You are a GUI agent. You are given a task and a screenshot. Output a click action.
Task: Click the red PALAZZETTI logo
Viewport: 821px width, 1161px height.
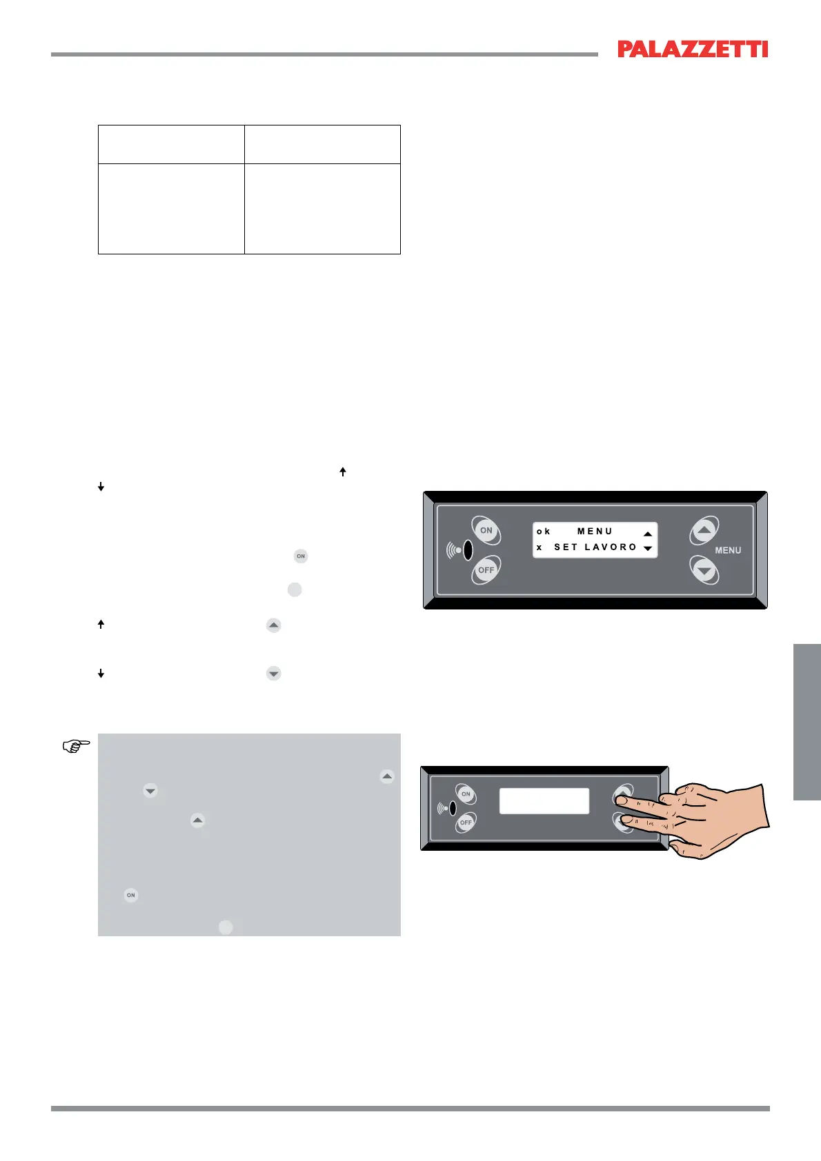pos(693,49)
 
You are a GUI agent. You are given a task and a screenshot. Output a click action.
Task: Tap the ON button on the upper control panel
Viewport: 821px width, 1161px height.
pos(486,530)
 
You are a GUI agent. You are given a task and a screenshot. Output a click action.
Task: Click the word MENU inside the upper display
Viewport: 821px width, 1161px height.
pos(595,532)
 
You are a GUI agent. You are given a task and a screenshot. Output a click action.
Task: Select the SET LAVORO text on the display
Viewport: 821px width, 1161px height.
pos(595,547)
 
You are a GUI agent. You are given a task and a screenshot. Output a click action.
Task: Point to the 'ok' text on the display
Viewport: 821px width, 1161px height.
pos(544,532)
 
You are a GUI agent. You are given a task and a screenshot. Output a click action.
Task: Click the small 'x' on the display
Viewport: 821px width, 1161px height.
pos(540,547)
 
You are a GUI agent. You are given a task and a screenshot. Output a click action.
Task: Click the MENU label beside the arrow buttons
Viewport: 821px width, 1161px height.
pos(728,550)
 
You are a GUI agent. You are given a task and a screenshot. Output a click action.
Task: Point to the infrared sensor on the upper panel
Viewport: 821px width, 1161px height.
pos(467,550)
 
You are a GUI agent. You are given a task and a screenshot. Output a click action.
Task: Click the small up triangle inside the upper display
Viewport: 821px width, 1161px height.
pos(648,534)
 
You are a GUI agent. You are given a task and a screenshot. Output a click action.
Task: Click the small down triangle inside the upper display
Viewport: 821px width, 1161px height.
pos(648,549)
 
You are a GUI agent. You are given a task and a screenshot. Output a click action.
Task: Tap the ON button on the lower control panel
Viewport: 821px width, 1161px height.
pos(466,794)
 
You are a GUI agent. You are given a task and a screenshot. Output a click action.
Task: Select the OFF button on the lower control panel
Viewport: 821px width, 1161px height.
pos(466,822)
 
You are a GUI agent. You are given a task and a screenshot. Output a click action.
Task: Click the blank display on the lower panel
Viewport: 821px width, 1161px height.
pos(544,801)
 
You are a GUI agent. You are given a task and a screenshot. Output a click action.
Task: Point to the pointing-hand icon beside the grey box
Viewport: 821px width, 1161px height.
pos(77,746)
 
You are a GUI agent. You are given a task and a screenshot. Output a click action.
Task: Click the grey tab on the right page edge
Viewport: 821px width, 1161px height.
pos(807,722)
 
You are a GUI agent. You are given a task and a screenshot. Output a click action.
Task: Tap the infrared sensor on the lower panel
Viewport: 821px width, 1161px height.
pos(452,808)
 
